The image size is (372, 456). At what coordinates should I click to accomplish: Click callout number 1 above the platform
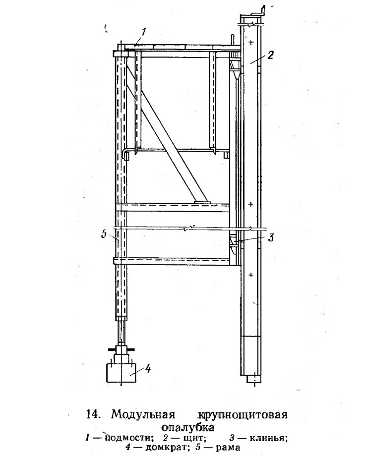pyautogui.click(x=143, y=32)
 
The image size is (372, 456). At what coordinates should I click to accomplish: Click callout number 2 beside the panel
pyautogui.click(x=270, y=55)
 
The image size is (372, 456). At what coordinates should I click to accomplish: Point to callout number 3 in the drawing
pyautogui.click(x=271, y=237)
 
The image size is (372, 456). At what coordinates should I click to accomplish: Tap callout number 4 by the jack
pyautogui.click(x=148, y=369)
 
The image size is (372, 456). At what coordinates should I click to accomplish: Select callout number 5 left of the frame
pyautogui.click(x=104, y=234)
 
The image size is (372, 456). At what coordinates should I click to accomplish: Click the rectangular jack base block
pyautogui.click(x=122, y=372)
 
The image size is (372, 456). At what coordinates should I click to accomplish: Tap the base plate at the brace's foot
pyautogui.click(x=201, y=201)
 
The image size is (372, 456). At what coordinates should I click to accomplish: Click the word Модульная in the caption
pyautogui.click(x=143, y=414)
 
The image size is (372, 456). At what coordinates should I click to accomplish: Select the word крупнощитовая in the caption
pyautogui.click(x=242, y=415)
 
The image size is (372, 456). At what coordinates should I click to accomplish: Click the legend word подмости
pyautogui.click(x=129, y=438)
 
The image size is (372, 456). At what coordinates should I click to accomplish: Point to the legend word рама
pyautogui.click(x=228, y=447)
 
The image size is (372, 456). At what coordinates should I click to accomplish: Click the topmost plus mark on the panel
pyautogui.click(x=251, y=43)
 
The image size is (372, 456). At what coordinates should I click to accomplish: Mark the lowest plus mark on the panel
pyautogui.click(x=251, y=275)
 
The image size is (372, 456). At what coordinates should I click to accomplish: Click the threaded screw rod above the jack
pyautogui.click(x=122, y=333)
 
